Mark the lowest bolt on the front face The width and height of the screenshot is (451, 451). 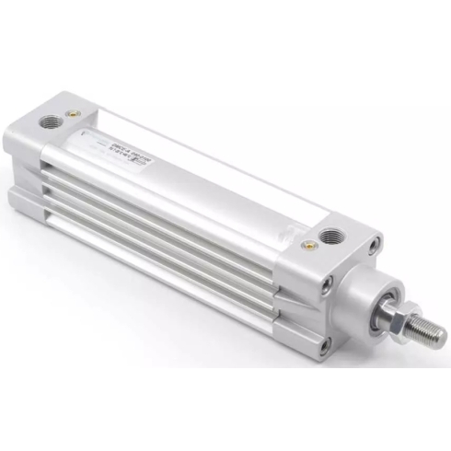324,346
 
